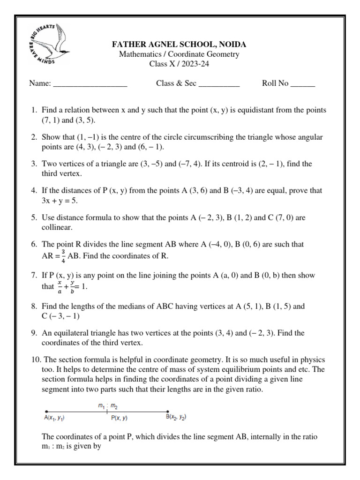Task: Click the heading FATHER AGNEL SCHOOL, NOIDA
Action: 179,45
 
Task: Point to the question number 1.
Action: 34,110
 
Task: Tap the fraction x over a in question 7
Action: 60,286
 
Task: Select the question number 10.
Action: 35,360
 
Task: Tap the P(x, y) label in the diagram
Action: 119,418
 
